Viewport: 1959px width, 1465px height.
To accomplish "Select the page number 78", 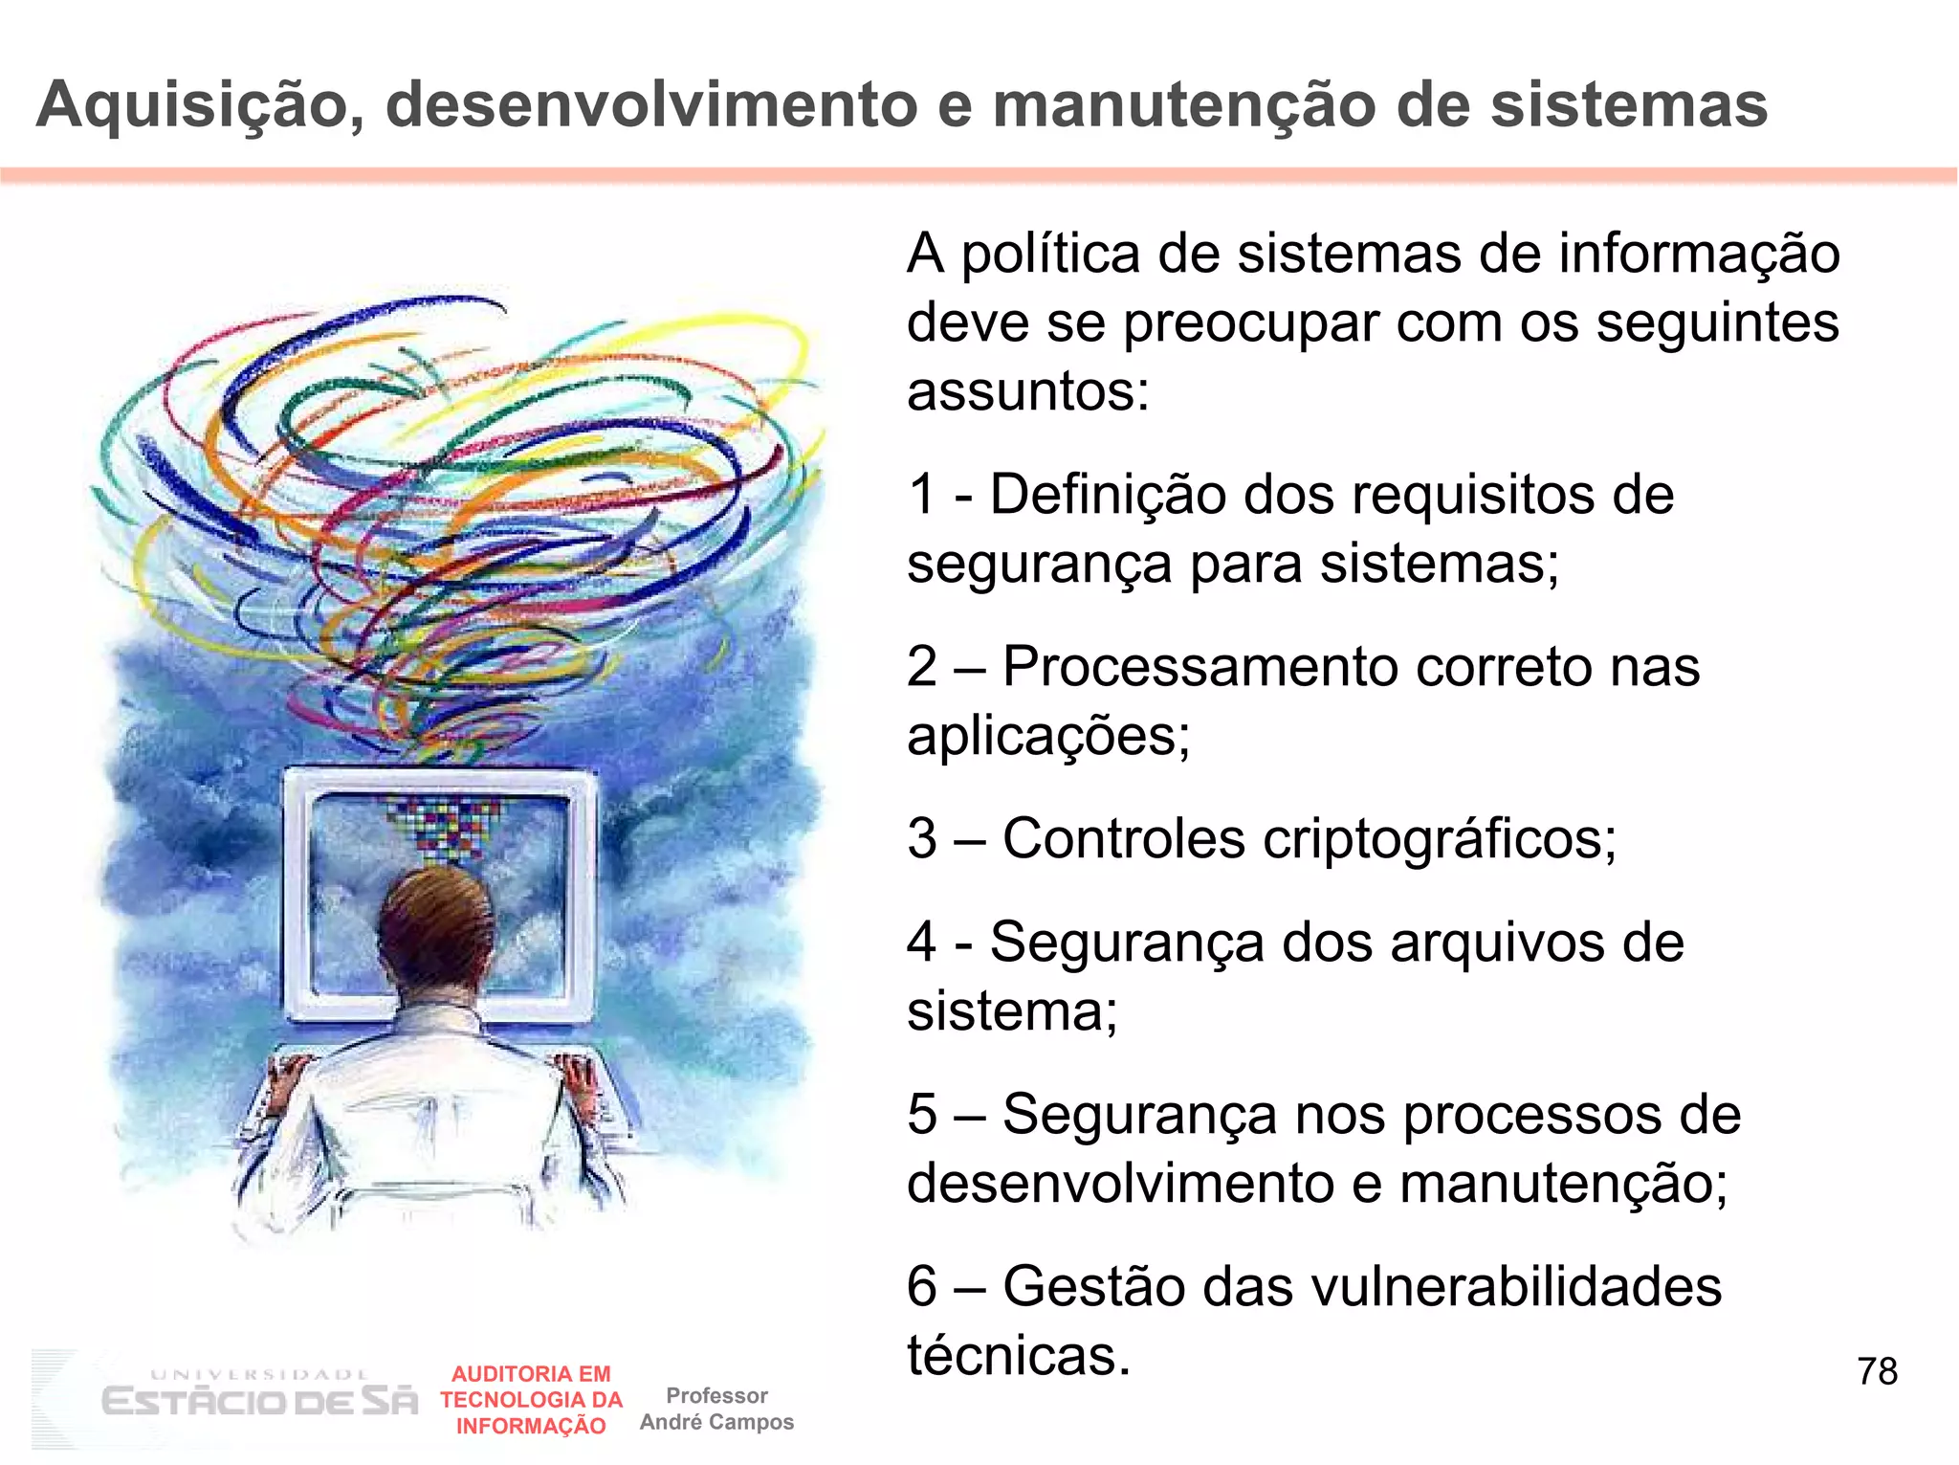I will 1877,1371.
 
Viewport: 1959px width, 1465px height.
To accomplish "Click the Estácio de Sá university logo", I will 258,1398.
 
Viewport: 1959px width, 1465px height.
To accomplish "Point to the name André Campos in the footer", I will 716,1422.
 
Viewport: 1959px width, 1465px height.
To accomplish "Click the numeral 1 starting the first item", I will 921,495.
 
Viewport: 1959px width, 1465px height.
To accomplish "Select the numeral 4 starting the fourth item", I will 922,943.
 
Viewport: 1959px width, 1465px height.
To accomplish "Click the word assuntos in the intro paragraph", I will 1027,391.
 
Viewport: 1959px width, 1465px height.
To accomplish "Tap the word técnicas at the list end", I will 1018,1355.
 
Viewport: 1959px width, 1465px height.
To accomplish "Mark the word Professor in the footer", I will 716,1395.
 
